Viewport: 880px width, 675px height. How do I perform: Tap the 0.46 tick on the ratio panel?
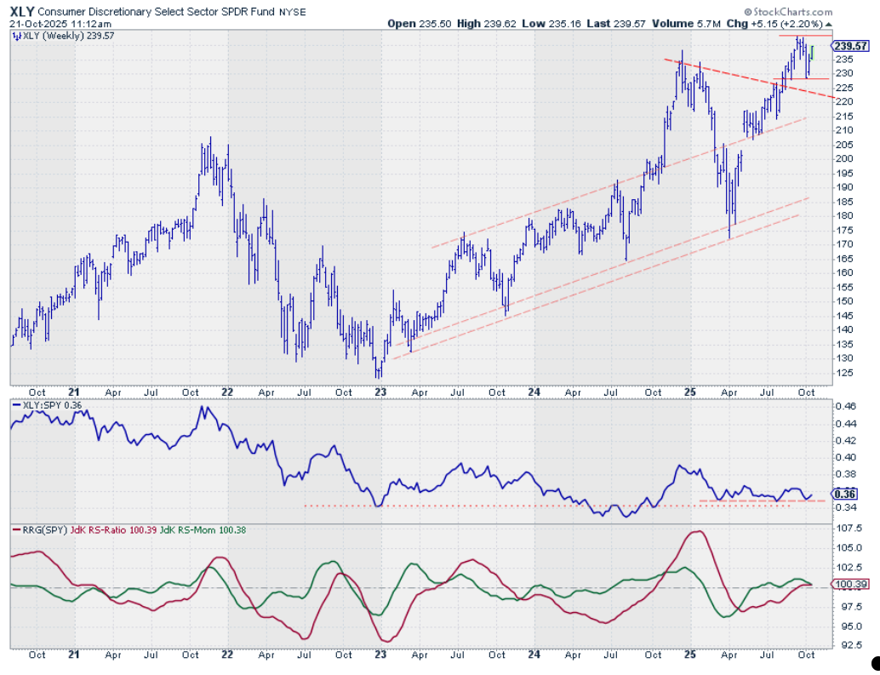click(x=844, y=407)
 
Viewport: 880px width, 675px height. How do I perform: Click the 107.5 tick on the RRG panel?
click(x=846, y=529)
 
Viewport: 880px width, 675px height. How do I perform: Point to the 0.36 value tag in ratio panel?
click(x=846, y=494)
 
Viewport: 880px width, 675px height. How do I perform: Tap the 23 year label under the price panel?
click(x=380, y=392)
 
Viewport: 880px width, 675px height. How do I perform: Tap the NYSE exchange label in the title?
click(x=294, y=12)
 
